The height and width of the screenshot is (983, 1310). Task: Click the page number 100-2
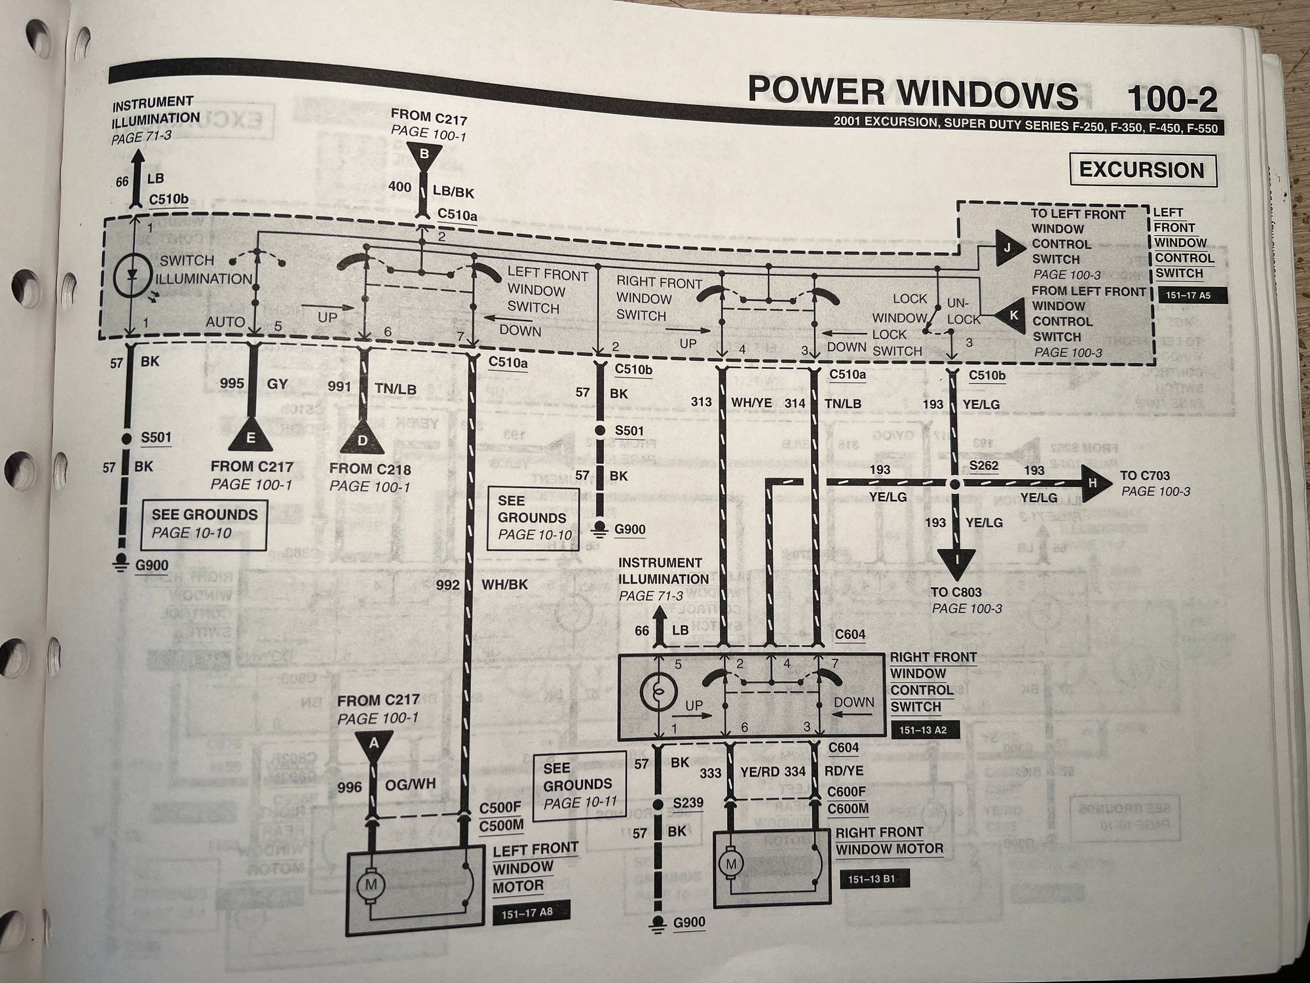point(1172,100)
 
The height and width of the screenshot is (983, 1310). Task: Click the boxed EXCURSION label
point(1142,170)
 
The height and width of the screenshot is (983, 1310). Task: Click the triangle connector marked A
point(374,744)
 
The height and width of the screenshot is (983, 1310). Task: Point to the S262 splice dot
point(954,484)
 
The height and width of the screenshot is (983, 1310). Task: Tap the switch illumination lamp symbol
point(132,278)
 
